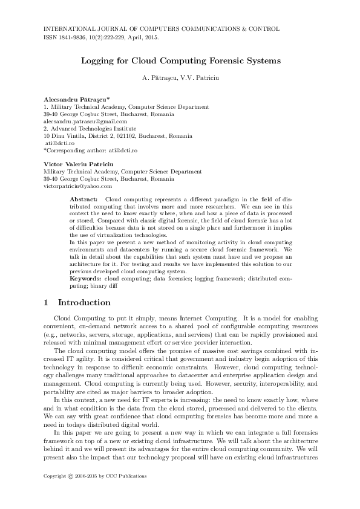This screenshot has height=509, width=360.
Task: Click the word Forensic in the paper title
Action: click(x=212, y=61)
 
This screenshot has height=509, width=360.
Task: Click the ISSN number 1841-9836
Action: click(x=73, y=37)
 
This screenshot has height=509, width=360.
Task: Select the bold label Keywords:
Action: click(x=85, y=279)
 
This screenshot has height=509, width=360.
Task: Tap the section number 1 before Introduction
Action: click(x=47, y=302)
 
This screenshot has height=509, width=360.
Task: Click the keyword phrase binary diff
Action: click(x=102, y=286)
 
